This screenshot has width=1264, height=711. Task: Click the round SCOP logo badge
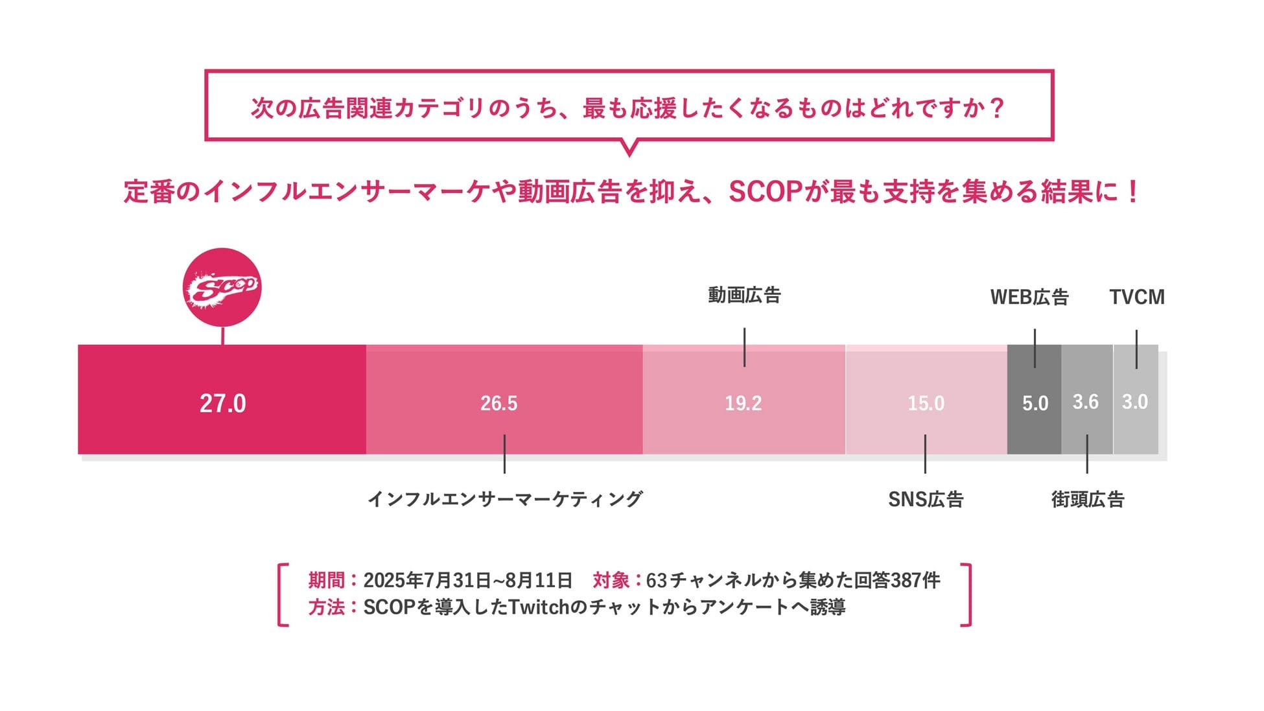[x=222, y=287]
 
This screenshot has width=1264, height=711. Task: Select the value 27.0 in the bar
[x=222, y=403]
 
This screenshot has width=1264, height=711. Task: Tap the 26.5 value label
[x=498, y=403]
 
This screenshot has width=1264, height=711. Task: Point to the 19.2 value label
[x=743, y=403]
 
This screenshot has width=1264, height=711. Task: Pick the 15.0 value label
[x=926, y=403]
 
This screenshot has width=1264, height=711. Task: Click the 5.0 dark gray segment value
[x=1035, y=403]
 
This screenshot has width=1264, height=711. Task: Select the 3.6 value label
[x=1086, y=402]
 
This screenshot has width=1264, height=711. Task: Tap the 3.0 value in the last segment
[x=1135, y=402]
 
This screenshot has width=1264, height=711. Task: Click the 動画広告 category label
[x=744, y=296]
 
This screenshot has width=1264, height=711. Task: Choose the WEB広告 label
[x=1029, y=297]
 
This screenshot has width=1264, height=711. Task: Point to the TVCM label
[x=1137, y=297]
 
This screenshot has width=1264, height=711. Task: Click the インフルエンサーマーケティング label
[x=505, y=498]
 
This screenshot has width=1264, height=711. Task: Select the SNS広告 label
[x=926, y=499]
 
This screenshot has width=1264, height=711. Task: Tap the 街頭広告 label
[x=1088, y=499]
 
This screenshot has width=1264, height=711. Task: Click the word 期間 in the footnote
[x=326, y=579]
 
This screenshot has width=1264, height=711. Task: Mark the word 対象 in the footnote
[x=611, y=579]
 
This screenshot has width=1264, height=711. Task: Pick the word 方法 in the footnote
[x=326, y=607]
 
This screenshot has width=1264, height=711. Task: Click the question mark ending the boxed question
[x=998, y=108]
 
